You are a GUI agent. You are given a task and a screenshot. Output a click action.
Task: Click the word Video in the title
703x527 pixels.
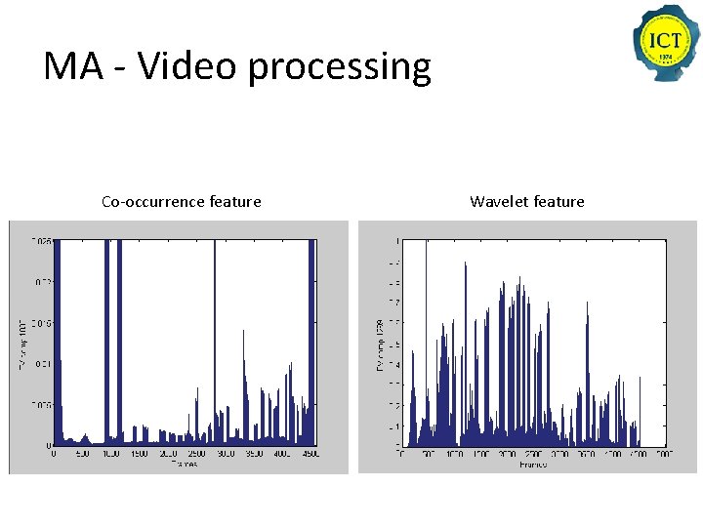[x=188, y=66]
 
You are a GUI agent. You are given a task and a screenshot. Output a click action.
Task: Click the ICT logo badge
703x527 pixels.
[x=666, y=43]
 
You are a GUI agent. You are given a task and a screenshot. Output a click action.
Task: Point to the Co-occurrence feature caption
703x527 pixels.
[x=181, y=202]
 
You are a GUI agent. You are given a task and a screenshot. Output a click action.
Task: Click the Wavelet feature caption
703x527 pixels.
[x=526, y=202]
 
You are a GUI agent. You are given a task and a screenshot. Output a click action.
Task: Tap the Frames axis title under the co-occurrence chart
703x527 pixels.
[x=184, y=465]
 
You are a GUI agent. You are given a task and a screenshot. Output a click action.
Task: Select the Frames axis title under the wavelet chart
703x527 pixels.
[x=533, y=465]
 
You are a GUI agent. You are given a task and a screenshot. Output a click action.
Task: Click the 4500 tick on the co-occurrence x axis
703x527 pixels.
[x=310, y=455]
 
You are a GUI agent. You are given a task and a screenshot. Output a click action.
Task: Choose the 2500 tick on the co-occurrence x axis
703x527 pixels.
[x=196, y=455]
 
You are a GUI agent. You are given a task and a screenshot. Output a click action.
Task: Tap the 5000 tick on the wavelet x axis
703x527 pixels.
[x=663, y=455]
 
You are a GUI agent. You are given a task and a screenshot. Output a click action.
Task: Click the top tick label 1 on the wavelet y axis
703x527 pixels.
[x=396, y=241]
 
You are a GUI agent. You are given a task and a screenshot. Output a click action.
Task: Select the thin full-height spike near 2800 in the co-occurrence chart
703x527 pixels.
[x=215, y=342]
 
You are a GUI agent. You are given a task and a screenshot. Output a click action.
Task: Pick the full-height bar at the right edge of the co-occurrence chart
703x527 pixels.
[x=311, y=342]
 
